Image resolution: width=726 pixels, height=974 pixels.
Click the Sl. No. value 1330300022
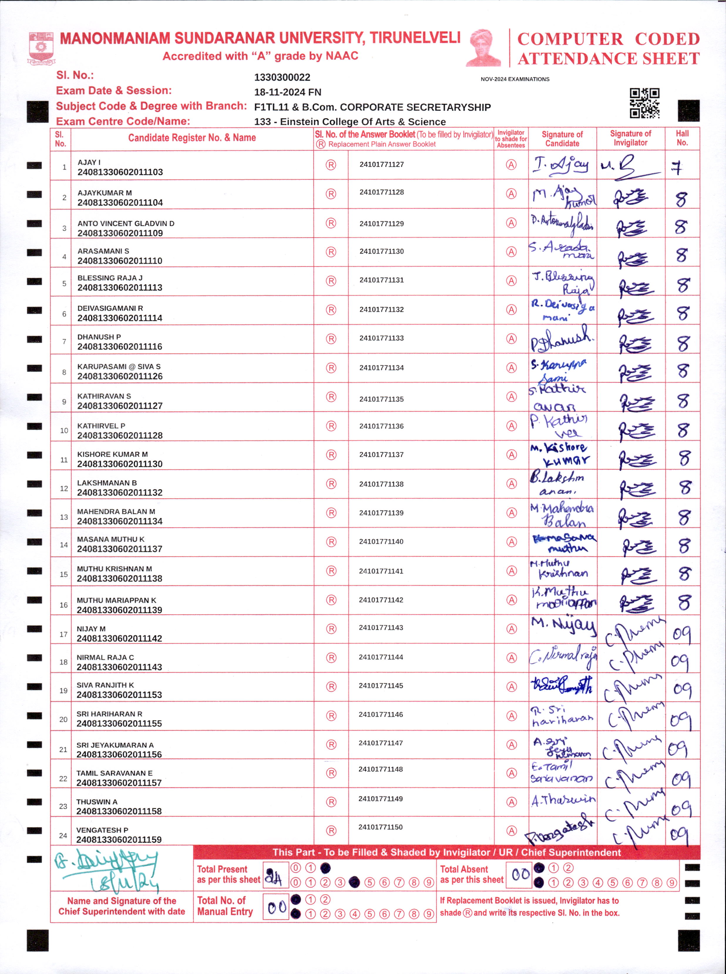tap(282, 77)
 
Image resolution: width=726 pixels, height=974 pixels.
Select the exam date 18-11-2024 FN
tap(288, 92)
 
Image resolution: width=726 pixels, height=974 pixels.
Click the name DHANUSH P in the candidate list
tap(99, 336)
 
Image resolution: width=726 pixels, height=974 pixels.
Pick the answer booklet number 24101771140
tap(381, 541)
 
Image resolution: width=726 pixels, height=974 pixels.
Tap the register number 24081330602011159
tap(119, 839)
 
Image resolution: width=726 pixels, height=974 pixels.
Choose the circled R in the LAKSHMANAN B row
tap(331, 484)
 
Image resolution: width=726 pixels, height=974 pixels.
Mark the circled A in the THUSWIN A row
tap(511, 802)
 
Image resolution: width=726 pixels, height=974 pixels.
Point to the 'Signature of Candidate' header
tap(562, 139)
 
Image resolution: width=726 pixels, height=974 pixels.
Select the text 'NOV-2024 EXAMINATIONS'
tap(515, 79)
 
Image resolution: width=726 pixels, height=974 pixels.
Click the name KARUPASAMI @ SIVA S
tap(119, 366)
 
